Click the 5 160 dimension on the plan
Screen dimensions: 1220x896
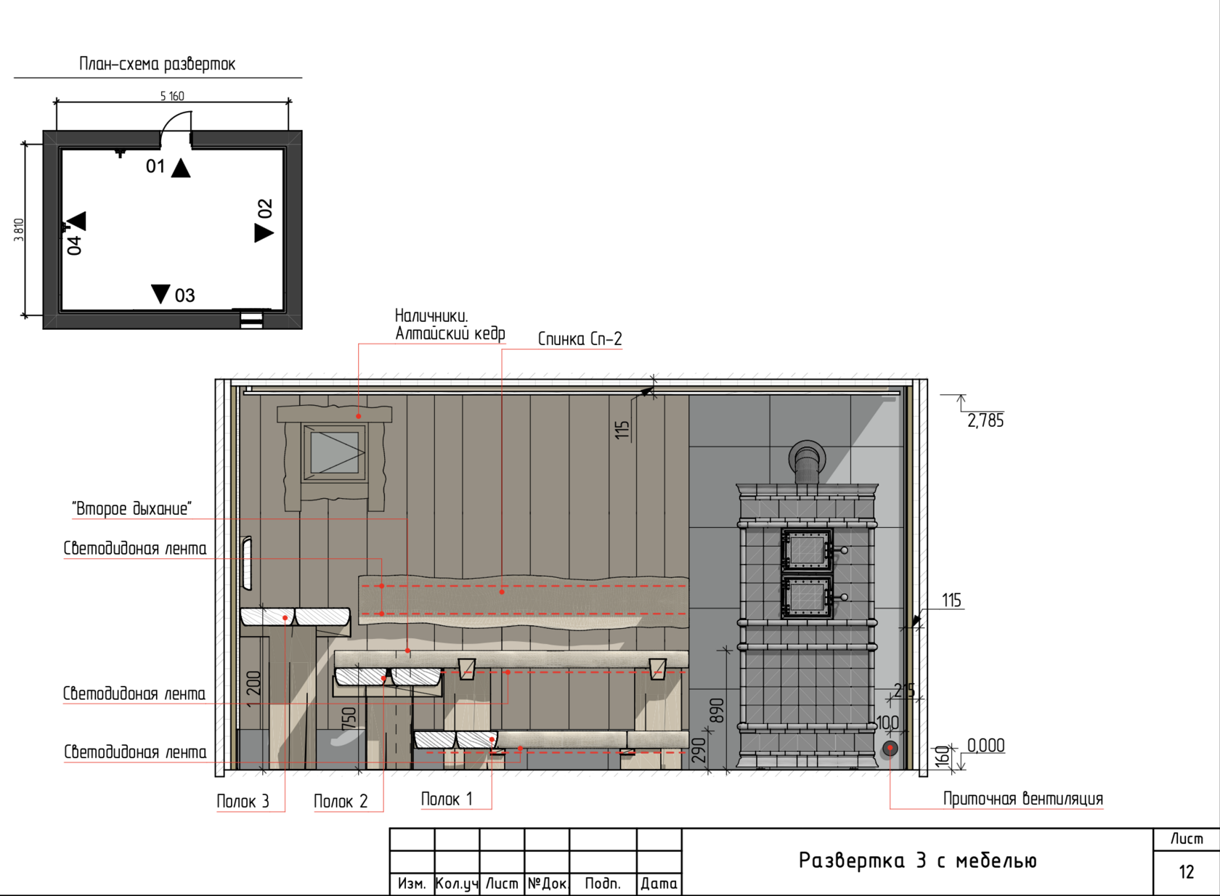172,97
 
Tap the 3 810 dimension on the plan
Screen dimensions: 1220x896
19,230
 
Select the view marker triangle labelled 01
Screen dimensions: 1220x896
181,168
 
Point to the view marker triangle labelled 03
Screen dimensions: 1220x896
160,293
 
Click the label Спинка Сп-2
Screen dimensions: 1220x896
580,339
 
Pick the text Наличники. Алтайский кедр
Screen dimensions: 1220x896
450,325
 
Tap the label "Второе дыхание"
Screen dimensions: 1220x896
132,509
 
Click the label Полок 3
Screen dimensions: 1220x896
243,801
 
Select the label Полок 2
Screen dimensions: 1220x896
341,801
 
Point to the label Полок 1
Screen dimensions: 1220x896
447,799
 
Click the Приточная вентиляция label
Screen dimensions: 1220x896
1022,799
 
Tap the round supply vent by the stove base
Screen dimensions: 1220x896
890,749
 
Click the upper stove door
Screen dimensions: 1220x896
808,550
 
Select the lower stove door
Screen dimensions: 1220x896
808,597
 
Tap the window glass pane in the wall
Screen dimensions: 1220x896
334,452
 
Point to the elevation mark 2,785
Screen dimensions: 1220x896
985,420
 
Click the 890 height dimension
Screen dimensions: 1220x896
717,710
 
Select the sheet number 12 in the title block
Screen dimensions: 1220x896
1187,872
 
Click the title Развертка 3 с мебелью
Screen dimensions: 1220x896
917,860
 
